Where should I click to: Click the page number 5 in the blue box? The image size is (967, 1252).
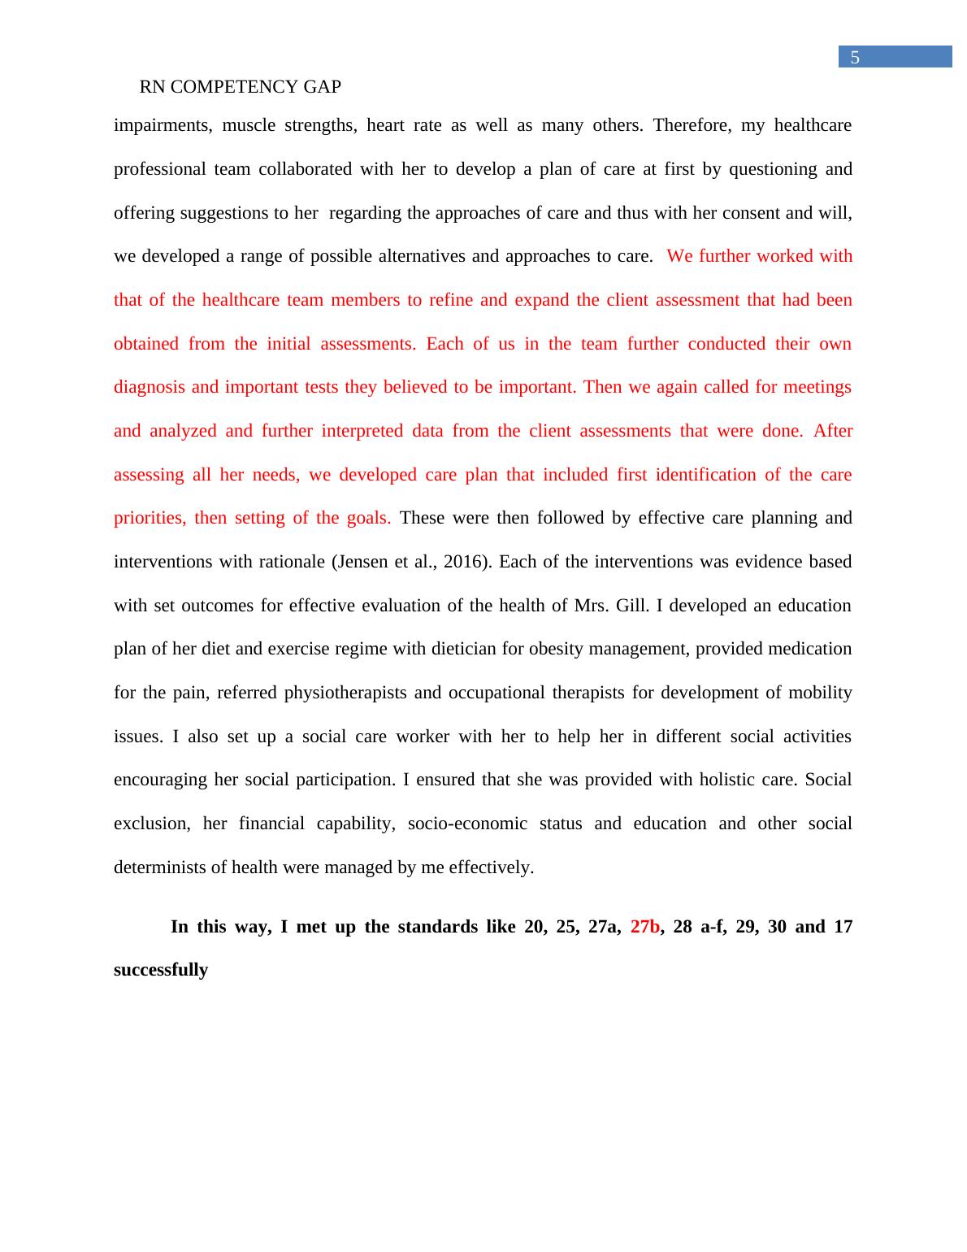coord(855,58)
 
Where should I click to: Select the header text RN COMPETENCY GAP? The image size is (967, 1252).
coord(240,87)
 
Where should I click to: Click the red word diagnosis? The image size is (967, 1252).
coord(150,387)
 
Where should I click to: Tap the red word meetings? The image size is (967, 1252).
coord(817,387)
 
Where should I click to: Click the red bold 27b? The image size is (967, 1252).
coord(644,927)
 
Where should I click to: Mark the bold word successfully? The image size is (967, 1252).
coord(161,970)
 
